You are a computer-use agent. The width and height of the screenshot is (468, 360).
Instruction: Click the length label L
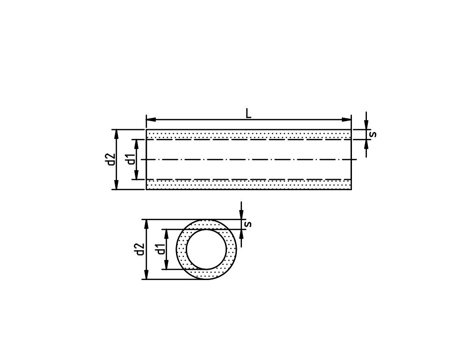tap(249, 113)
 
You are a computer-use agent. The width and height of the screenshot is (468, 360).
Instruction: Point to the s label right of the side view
tap(373, 134)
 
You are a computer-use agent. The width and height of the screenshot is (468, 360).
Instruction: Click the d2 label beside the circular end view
tap(139, 249)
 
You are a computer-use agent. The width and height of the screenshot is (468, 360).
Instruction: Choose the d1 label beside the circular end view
tap(161, 249)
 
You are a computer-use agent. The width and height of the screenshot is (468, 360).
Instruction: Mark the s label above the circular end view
tap(249, 224)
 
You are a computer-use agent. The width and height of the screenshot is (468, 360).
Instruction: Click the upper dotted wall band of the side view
tap(249, 134)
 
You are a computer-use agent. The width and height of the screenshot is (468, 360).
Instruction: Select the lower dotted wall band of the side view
tap(249, 184)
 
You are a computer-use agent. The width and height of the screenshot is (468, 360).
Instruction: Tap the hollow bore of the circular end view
tap(206, 249)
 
